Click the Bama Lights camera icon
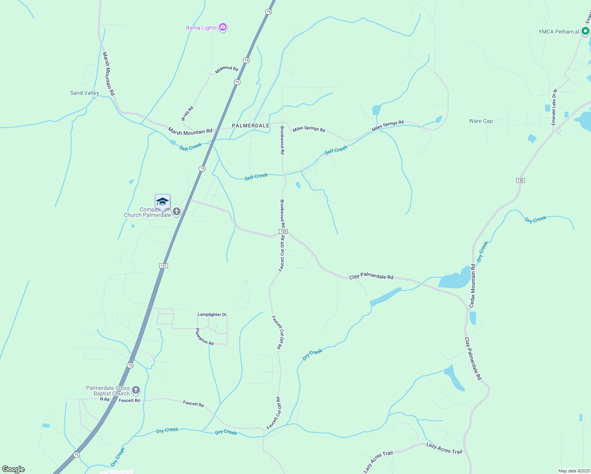coord(223,27)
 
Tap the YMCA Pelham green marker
coord(585,31)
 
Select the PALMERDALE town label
coord(250,126)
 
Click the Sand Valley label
coord(85,93)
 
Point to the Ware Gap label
coord(481,121)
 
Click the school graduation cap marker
coord(162,202)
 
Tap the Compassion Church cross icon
coord(177,212)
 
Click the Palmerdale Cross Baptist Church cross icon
coord(136,391)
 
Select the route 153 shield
coord(283,231)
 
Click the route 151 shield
coord(164,266)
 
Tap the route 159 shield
coord(520,181)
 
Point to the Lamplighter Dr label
coord(212,314)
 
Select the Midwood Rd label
coord(227,69)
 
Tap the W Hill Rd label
coord(187,113)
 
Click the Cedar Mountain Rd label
coord(472,286)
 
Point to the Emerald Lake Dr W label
coord(554,107)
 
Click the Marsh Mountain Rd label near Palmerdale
coord(190,131)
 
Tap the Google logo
coord(13,469)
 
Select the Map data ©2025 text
coord(574,471)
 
